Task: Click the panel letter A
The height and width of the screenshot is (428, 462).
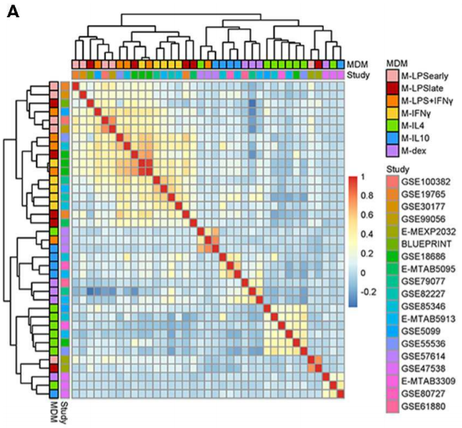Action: pos(13,12)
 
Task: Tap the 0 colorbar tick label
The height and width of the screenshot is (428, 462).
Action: pos(362,273)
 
